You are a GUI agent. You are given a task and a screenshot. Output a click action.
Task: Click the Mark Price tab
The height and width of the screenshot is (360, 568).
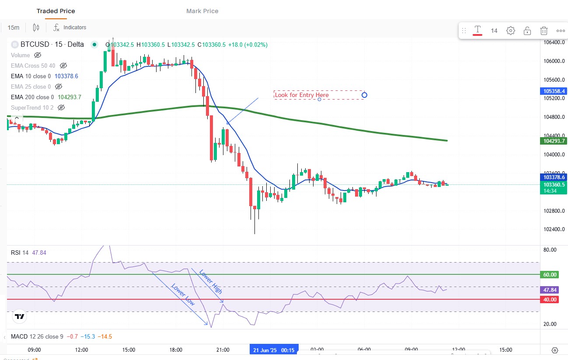[x=202, y=11]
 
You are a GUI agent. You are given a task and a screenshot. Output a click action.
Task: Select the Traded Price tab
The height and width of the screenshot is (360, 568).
[x=56, y=11]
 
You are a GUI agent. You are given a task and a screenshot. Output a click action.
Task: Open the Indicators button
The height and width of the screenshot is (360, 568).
[x=70, y=28]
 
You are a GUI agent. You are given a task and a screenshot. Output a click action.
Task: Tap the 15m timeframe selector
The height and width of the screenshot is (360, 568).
[x=14, y=28]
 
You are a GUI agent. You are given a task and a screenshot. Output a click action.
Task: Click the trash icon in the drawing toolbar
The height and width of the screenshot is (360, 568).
[x=544, y=31]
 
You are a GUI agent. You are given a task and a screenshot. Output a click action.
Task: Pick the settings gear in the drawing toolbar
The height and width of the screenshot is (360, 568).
[x=511, y=31]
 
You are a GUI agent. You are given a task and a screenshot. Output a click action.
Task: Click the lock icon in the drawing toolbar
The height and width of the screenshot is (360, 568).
[x=527, y=31]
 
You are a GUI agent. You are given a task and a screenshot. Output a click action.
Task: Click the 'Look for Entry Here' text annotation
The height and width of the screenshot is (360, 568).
[x=302, y=95]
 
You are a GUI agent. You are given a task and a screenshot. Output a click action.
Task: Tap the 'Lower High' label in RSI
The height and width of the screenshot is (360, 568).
[x=211, y=282]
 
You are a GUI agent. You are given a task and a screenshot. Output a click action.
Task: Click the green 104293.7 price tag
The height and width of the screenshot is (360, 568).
[x=554, y=141]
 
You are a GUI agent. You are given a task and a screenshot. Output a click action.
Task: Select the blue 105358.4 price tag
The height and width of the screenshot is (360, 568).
[x=554, y=91]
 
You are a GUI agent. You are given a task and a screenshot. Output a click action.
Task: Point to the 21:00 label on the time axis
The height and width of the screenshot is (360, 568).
[x=223, y=350]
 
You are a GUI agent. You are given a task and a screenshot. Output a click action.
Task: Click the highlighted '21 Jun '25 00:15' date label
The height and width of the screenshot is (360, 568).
[x=274, y=350]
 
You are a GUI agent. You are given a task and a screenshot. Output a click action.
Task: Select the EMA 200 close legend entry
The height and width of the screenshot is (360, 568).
[x=32, y=97]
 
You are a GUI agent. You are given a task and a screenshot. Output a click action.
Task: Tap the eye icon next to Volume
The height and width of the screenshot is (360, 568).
[x=38, y=55]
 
